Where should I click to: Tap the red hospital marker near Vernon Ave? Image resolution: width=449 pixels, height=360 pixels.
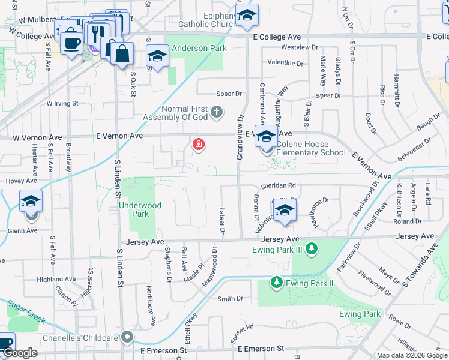pyautogui.click(x=197, y=145)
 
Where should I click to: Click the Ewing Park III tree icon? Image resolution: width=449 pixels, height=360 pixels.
pyautogui.click(x=311, y=248)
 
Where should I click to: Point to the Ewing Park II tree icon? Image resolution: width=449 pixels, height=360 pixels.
pyautogui.click(x=276, y=281)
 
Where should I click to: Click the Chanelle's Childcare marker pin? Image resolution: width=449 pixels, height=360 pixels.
pyautogui.click(x=127, y=337)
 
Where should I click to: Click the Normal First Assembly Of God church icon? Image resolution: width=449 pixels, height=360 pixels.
pyautogui.click(x=217, y=112)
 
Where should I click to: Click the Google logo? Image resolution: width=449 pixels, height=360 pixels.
pyautogui.click(x=20, y=353)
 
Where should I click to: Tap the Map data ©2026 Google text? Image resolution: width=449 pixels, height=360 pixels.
pyautogui.click(x=411, y=355)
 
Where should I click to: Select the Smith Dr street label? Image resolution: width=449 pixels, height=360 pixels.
pyautogui.click(x=230, y=298)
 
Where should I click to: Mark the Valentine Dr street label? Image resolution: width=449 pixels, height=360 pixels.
pyautogui.click(x=286, y=62)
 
